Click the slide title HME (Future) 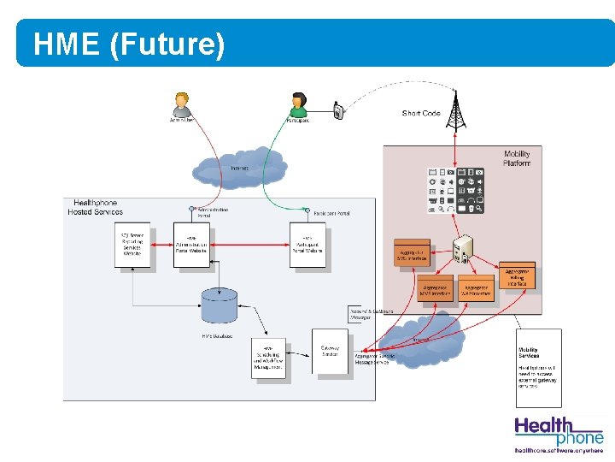pos(129,44)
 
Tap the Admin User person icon pos(181,105)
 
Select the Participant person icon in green pos(298,104)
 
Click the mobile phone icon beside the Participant pos(338,110)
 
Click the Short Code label pos(420,113)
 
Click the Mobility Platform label pos(516,158)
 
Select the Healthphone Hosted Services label pos(96,208)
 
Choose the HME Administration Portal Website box pos(191,244)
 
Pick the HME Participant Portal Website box pos(307,244)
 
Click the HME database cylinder pos(219,307)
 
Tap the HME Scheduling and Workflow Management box pos(268,358)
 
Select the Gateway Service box pos(330,351)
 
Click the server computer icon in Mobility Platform pos(465,249)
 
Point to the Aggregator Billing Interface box pos(517,275)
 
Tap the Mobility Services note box pos(539,366)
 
